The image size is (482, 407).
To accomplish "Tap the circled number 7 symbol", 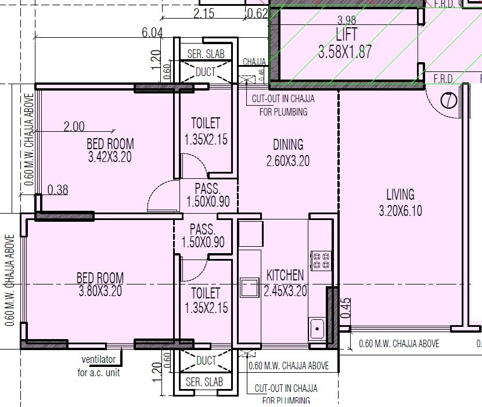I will [449, 100].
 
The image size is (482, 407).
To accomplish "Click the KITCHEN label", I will [285, 275].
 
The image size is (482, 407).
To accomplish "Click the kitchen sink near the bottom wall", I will [317, 329].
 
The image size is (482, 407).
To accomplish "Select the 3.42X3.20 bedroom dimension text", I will [110, 157].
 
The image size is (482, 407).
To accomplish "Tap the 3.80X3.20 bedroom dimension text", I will [100, 291].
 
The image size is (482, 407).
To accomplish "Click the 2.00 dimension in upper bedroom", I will [74, 126].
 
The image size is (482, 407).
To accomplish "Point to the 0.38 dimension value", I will [58, 189].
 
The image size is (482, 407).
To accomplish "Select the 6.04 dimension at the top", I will [152, 33].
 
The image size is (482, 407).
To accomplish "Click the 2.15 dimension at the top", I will [205, 13].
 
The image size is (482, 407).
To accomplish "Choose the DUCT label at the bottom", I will [206, 361].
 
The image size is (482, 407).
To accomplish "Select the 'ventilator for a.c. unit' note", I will [99, 367].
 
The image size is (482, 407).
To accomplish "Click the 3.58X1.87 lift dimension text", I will [345, 51].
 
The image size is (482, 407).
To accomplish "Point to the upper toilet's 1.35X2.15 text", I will [206, 139].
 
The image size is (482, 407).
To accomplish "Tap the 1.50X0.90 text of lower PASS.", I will [203, 242].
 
